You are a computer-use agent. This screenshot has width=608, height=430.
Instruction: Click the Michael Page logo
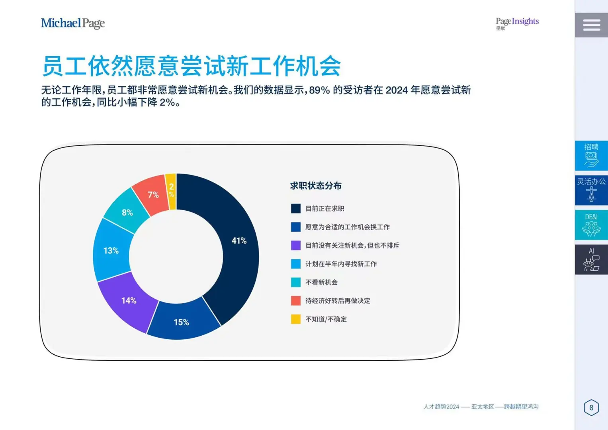(73, 23)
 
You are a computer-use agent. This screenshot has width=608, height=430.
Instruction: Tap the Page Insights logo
(517, 24)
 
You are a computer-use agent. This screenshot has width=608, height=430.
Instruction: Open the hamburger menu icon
(591, 25)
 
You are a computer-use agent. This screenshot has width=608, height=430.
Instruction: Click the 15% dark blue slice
(182, 321)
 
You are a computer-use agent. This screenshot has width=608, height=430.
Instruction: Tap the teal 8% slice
(127, 212)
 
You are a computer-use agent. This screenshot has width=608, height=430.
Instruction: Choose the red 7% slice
(152, 194)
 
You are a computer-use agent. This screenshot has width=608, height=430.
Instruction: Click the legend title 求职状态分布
(316, 186)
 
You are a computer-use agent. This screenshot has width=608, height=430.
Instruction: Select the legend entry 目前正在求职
(318, 209)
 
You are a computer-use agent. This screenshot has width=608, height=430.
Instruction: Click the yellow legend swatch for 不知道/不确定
(295, 319)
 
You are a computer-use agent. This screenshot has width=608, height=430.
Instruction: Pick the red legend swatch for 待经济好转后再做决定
(295, 301)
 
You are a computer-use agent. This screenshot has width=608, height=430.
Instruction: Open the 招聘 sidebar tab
(591, 156)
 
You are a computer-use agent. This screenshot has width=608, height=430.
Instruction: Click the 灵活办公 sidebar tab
(591, 190)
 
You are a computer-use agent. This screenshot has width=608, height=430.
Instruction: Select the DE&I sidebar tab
(591, 225)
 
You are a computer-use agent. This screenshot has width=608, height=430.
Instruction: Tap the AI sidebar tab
(591, 260)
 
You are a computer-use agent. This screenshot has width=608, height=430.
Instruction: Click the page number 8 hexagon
(591, 407)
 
